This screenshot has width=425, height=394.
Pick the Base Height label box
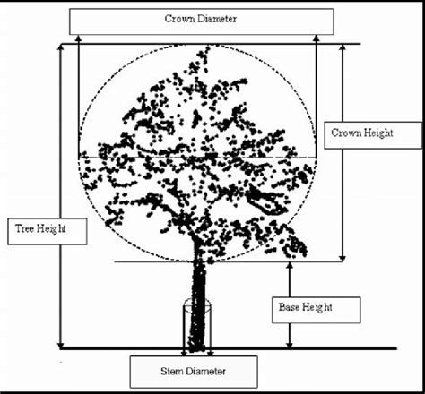(315, 308)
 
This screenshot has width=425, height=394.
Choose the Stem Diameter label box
(194, 371)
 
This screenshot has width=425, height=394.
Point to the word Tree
(25, 230)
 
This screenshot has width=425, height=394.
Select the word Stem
(170, 371)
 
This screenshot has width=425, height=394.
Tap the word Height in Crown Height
(379, 133)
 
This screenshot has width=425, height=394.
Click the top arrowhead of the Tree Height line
(61, 47)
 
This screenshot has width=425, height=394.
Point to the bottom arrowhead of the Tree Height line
(61, 345)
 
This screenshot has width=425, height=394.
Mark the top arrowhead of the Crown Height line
(343, 47)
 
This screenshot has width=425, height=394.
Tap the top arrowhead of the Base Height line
(289, 266)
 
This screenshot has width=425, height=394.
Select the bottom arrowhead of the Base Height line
(289, 345)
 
